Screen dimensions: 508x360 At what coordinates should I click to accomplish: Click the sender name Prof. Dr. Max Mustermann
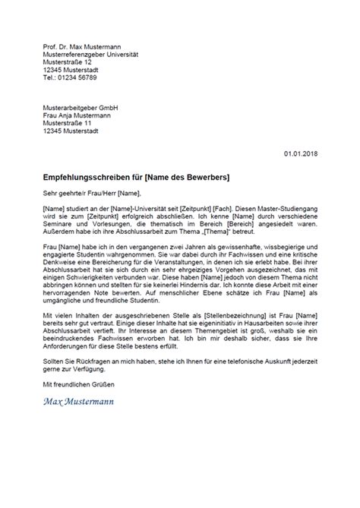point(84,47)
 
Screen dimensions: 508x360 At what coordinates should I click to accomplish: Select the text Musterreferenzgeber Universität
point(93,55)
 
